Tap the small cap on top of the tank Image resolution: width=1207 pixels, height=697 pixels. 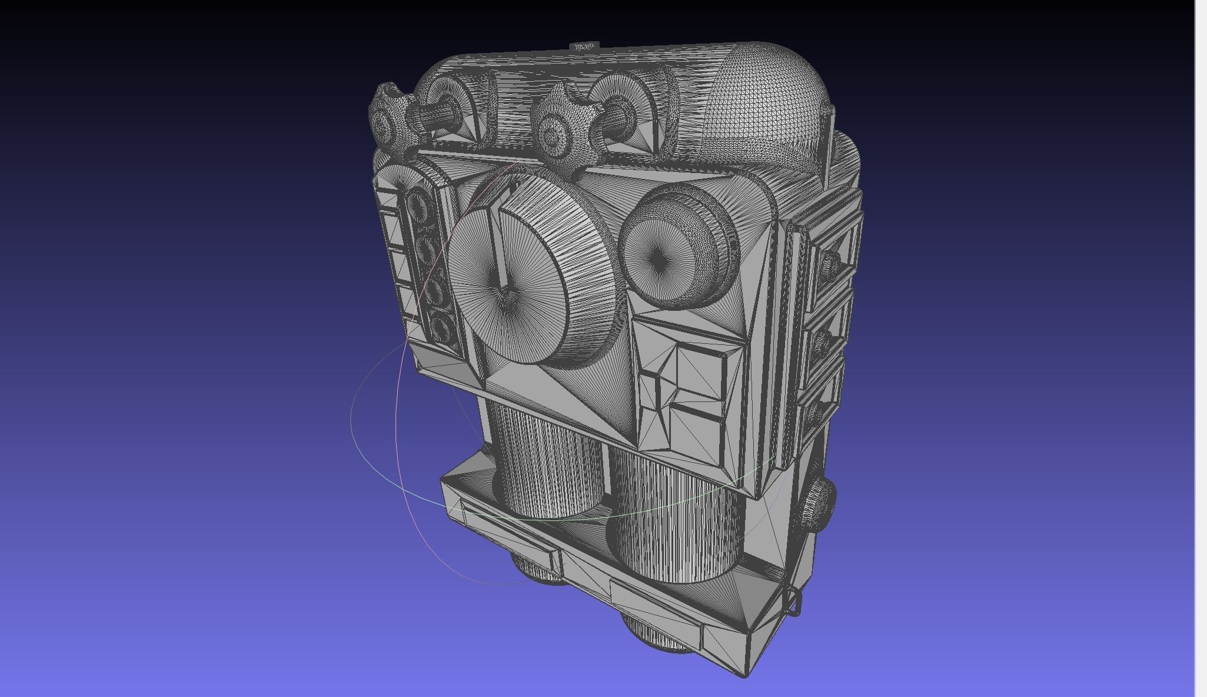coord(584,46)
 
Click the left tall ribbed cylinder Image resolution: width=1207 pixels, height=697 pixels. coord(544,459)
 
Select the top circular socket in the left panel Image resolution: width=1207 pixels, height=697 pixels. coord(419,206)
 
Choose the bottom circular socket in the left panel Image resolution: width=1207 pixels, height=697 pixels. coord(443,327)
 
